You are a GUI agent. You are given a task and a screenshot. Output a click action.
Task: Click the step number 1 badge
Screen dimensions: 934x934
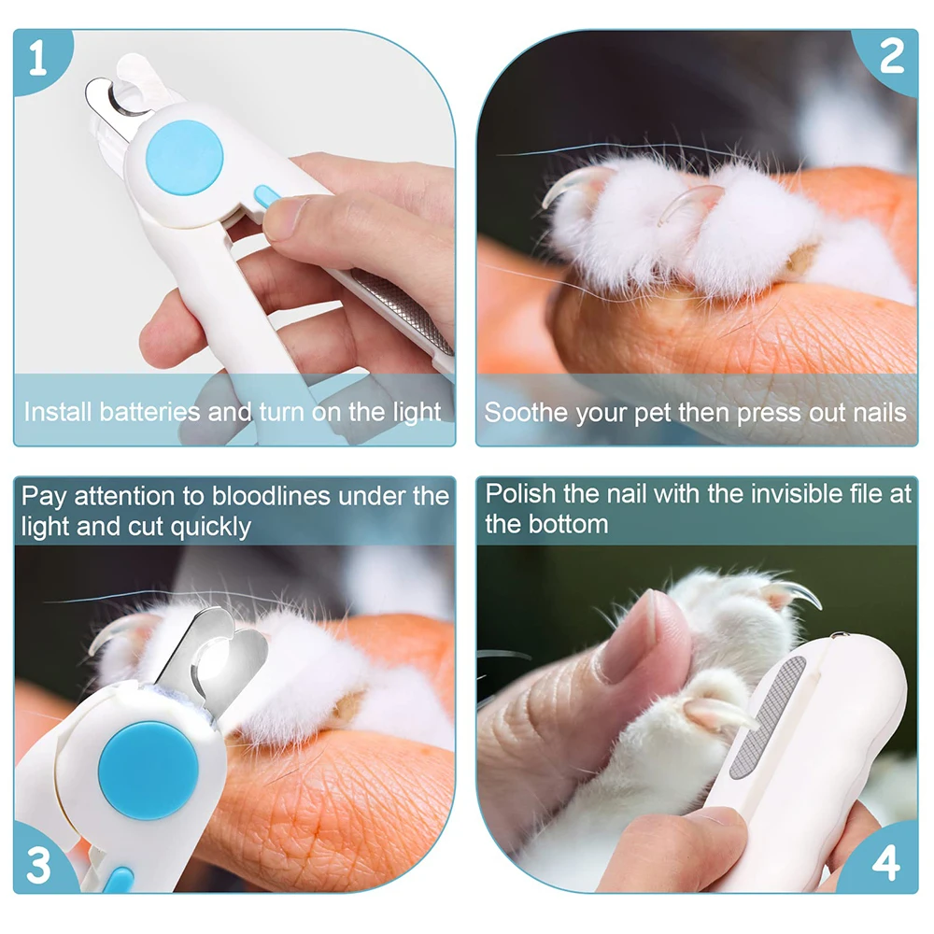[x=38, y=58]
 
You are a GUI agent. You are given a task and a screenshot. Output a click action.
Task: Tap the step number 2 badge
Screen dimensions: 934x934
[x=891, y=57]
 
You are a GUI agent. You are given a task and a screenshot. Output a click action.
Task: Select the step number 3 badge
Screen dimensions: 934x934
[x=39, y=865]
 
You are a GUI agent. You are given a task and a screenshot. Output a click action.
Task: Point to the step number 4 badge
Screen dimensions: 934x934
[x=885, y=861]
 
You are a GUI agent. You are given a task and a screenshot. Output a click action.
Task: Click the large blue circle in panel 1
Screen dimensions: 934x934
[x=185, y=157]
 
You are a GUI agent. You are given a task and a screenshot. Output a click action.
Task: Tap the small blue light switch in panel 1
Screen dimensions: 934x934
[x=267, y=196]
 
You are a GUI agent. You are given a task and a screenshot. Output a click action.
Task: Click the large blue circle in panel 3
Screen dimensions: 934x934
[x=149, y=771]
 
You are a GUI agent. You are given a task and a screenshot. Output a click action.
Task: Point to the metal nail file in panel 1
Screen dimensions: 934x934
[x=403, y=311]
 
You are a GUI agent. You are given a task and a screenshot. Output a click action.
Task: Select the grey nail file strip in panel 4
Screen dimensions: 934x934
[x=769, y=717]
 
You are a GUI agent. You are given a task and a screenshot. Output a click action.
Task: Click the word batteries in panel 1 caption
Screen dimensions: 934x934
[x=149, y=412]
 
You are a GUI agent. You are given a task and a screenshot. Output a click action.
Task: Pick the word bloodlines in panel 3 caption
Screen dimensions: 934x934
[x=271, y=496]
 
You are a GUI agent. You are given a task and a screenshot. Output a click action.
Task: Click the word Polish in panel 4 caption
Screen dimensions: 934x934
[x=520, y=494]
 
